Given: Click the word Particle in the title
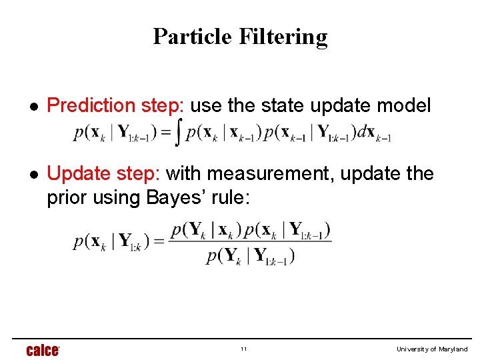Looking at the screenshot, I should [x=190, y=36].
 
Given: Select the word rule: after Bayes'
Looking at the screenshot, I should [x=228, y=198].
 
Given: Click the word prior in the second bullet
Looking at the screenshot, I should [x=64, y=198].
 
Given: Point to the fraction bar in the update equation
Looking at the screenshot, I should [x=250, y=242].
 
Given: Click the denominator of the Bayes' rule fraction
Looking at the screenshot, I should [x=250, y=255].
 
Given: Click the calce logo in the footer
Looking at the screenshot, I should [x=43, y=350].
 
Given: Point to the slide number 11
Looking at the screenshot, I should [x=244, y=349].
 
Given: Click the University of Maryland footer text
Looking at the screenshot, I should [x=432, y=349].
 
